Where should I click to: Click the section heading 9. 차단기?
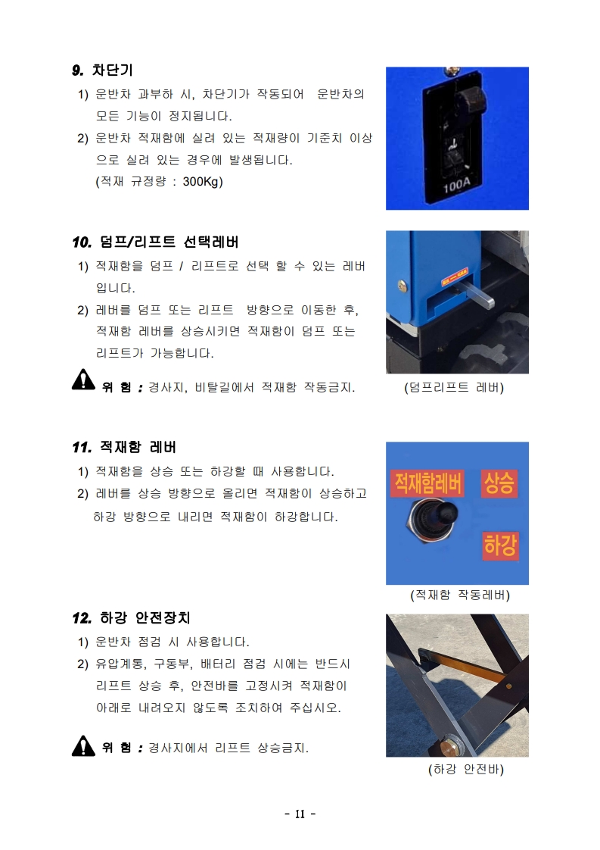pyautogui.click(x=102, y=70)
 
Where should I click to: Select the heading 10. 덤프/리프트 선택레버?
pyautogui.click(x=155, y=242)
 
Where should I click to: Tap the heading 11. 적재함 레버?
pyautogui.click(x=124, y=447)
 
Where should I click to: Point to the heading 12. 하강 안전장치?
pyautogui.click(x=131, y=618)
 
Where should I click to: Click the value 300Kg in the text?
pyautogui.click(x=203, y=182)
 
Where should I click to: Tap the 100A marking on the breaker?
pyautogui.click(x=456, y=186)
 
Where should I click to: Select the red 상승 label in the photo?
pyautogui.click(x=499, y=483)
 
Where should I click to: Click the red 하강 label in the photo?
pyautogui.click(x=500, y=545)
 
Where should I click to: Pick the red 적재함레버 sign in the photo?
pyautogui.click(x=427, y=483)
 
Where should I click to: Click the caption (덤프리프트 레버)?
pyautogui.click(x=454, y=388)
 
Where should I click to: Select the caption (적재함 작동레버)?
pyautogui.click(x=460, y=595)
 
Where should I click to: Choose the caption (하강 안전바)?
pyautogui.click(x=466, y=769)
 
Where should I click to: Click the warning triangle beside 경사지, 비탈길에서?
pyautogui.click(x=83, y=380)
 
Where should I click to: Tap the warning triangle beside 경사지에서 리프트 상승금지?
pyautogui.click(x=83, y=746)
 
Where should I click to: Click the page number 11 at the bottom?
pyautogui.click(x=300, y=814)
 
